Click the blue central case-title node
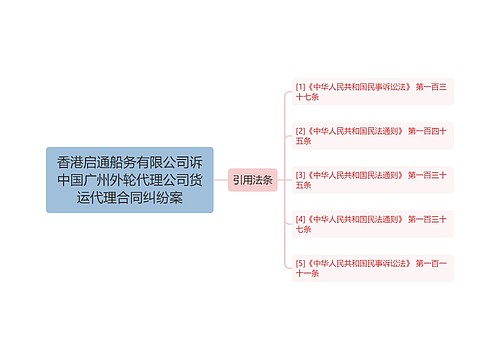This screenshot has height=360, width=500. pos(129,180)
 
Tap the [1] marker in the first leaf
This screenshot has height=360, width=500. pos(300,87)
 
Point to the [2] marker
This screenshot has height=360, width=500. pos(300,131)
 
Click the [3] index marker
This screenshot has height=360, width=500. pos(300,175)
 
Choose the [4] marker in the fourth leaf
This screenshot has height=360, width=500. pos(300,219)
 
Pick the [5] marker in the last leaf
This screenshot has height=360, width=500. pos(300,263)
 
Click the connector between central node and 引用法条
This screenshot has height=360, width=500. pos(220,180)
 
